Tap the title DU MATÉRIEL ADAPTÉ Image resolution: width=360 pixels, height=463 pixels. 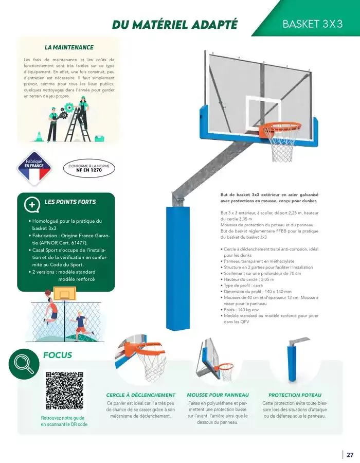point(174,24)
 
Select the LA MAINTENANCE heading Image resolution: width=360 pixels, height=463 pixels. point(69,47)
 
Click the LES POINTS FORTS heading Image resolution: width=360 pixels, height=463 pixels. point(70,202)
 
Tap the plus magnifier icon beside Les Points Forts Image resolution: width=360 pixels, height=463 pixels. point(32,204)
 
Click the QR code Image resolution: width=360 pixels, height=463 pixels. point(64,390)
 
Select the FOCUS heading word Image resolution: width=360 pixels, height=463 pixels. point(58,355)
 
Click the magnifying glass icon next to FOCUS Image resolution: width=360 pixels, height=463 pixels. point(24,364)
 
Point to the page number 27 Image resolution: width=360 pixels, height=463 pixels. point(350,455)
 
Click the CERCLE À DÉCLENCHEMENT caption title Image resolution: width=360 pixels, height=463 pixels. point(140,395)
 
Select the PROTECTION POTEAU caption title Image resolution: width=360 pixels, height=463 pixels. point(295,395)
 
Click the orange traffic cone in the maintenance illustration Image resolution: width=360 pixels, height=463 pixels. point(38,137)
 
